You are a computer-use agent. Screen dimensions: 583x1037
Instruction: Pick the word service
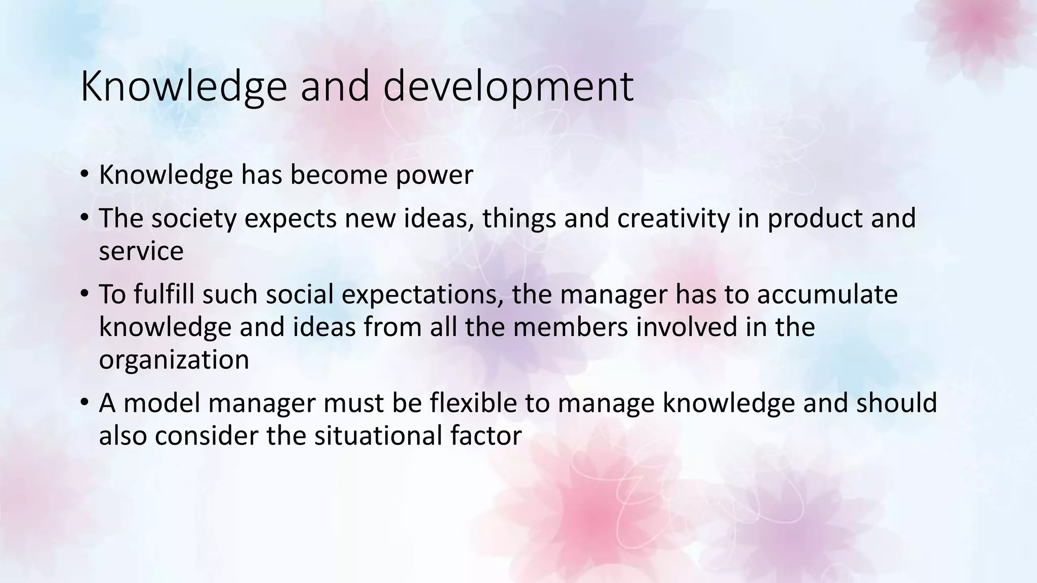[x=141, y=252]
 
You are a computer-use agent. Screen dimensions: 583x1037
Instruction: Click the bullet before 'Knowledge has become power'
[x=84, y=175]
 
